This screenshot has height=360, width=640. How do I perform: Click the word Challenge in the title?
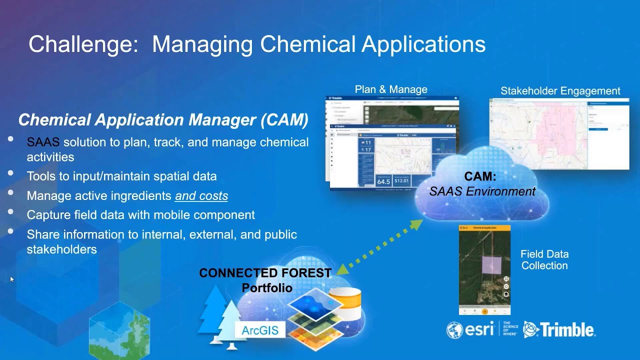click(83, 44)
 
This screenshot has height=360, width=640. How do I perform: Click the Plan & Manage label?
click(391, 89)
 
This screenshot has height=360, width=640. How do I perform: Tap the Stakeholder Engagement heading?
click(560, 91)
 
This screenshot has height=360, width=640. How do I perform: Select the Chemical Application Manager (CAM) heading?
click(163, 120)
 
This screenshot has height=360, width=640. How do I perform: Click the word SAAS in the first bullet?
click(43, 142)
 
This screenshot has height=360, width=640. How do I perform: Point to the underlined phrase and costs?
click(201, 196)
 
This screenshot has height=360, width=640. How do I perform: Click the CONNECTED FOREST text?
click(265, 273)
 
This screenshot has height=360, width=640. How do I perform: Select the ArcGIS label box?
click(260, 330)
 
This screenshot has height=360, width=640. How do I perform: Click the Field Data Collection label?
click(544, 259)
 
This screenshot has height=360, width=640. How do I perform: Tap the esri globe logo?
click(455, 330)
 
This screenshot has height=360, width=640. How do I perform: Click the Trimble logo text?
click(567, 330)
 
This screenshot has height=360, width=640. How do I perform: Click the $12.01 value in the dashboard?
click(402, 180)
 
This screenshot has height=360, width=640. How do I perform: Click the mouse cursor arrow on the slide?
click(12, 279)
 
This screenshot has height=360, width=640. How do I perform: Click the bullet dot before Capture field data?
click(11, 211)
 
